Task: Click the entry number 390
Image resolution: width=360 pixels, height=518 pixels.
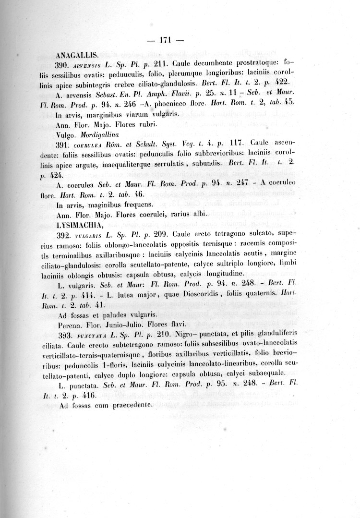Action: tap(64, 63)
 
